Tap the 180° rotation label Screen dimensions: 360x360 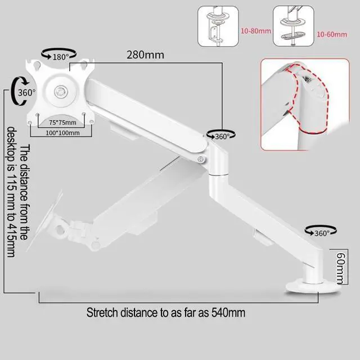[x=60, y=56]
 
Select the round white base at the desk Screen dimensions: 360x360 [x=311, y=286]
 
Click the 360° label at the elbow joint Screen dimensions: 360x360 [x=220, y=136]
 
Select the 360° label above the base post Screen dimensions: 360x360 [x=319, y=233]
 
